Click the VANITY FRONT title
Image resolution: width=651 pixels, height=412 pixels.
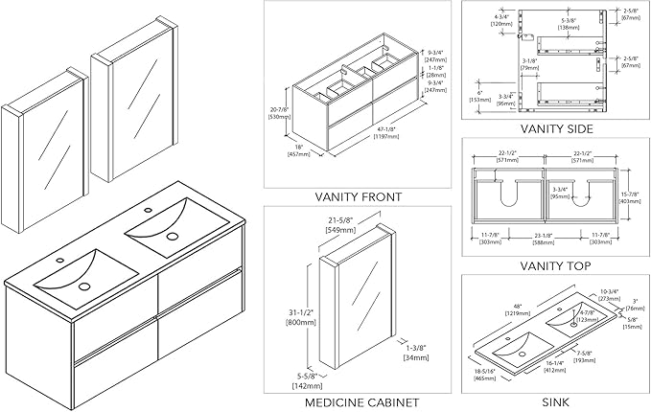click(x=358, y=196)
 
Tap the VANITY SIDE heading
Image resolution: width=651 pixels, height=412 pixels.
click(x=555, y=128)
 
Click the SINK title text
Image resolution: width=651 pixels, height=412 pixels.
click(x=555, y=402)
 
